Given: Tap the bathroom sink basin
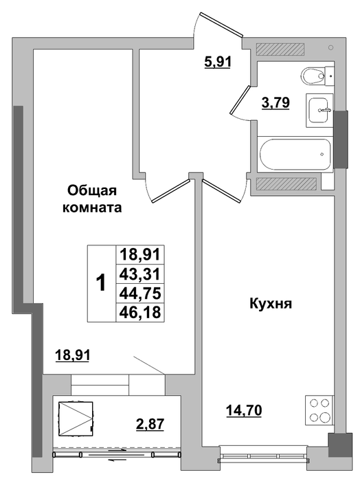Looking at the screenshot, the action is coord(319,110).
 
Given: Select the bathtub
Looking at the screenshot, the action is coord(295,154).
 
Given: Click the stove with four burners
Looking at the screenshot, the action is coord(319,410).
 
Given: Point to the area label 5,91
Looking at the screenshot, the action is coord(217,63).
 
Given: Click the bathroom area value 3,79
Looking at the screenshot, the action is coord(275,103).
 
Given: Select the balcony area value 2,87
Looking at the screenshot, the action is coord(150,424).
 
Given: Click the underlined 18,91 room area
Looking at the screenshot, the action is coord(72,355).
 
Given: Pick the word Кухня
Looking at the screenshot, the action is coord(271,304).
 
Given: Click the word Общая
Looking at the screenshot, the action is coord(92,191).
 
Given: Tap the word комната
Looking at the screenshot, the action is coord(92,208).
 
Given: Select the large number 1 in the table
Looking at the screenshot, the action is coord(101,283).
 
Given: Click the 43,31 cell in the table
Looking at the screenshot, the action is coord(140,273).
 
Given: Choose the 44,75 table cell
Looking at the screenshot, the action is coord(140,293).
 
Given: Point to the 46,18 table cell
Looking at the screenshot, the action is coord(140,312).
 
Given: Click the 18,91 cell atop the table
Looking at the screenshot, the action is coord(140,255).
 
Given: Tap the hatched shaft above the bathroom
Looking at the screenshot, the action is coord(280,49).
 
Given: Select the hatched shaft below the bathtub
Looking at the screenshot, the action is coord(286,183).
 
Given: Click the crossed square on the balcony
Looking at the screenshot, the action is coord(76,418).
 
